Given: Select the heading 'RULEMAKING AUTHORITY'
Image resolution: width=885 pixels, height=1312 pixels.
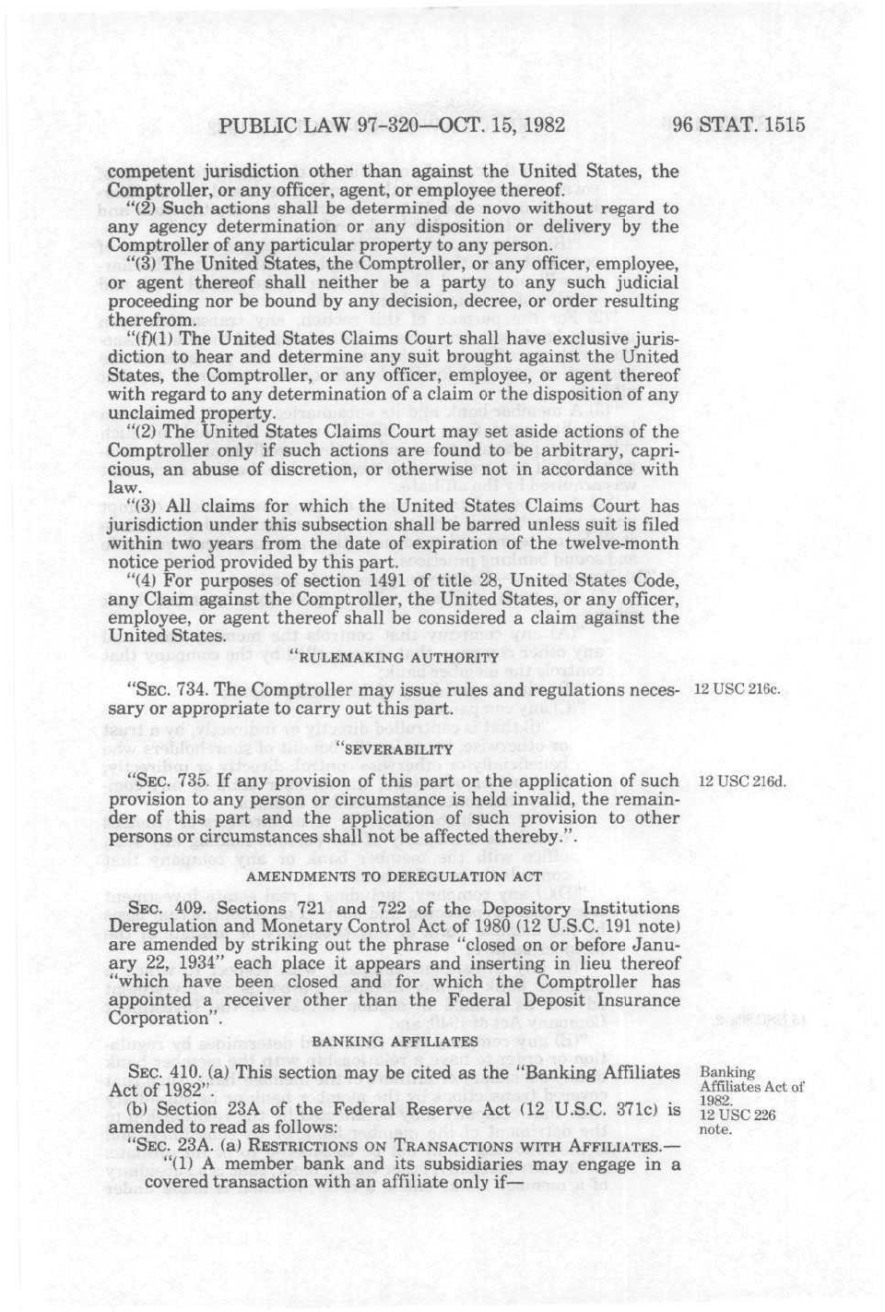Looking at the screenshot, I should click(395, 657).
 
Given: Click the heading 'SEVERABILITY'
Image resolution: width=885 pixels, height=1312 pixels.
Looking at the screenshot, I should click(395, 748).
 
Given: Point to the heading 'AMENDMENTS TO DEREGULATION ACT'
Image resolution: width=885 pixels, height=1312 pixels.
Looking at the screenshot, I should click(394, 876).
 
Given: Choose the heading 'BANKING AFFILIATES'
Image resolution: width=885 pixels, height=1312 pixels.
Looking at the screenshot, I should click(395, 1041).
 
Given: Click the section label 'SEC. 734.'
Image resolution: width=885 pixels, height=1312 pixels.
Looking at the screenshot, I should click(158, 690).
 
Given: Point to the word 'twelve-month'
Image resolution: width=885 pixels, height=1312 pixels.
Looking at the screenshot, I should click(625, 543).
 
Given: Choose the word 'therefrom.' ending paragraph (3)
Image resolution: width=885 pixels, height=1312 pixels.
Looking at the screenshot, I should click(150, 319).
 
